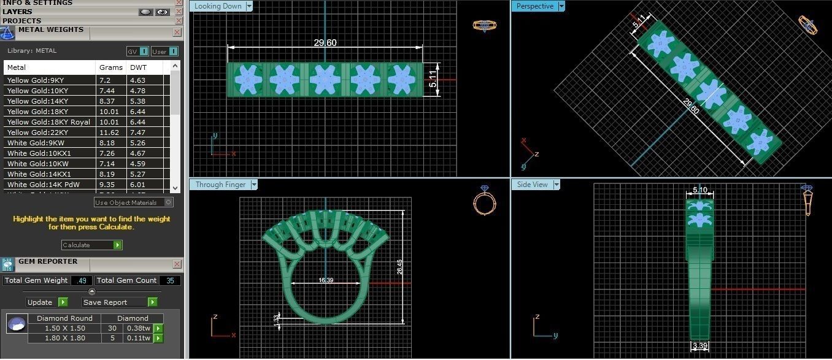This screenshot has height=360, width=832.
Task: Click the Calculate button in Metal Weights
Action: pos(91,245)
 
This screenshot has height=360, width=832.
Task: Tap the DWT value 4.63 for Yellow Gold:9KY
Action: pos(137,80)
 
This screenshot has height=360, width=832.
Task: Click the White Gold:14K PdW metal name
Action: pos(43,185)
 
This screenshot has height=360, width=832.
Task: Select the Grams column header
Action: pos(110,67)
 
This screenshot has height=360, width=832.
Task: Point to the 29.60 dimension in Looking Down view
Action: pos(325,43)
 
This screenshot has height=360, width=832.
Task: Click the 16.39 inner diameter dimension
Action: pos(326,280)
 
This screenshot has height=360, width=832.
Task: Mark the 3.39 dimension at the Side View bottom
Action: pos(700,347)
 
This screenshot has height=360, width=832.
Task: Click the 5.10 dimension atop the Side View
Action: pos(699,190)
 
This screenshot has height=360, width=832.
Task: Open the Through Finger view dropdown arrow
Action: pos(253,185)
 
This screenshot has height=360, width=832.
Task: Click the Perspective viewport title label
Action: pos(534,6)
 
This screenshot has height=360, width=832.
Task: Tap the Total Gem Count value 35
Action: pos(170,280)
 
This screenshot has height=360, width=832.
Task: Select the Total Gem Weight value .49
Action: pos(82,280)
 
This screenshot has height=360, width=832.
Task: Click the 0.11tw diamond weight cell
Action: pos(138,338)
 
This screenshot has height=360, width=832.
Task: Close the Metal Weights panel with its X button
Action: pos(177,32)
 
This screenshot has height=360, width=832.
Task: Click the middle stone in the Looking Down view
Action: pos(325,80)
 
